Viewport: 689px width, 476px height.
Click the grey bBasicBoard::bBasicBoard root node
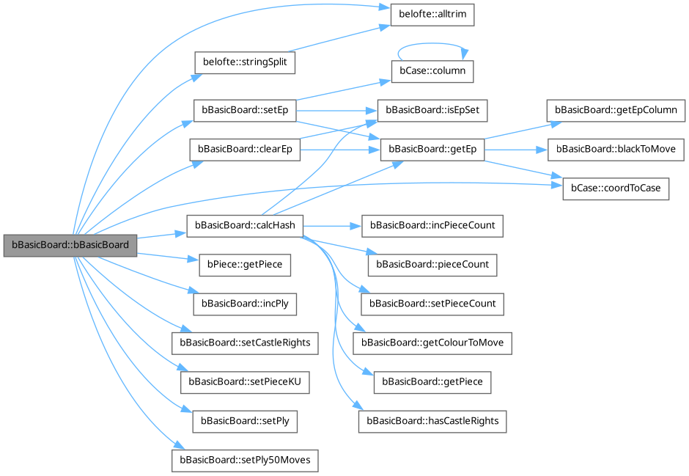point(70,245)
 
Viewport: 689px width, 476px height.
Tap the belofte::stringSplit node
point(244,63)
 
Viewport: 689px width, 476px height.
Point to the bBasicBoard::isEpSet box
point(432,110)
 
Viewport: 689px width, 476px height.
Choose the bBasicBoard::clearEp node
point(245,149)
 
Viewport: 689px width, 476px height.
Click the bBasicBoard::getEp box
point(432,149)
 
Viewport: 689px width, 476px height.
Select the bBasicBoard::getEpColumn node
point(616,110)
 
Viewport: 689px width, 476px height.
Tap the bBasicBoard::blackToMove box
point(616,149)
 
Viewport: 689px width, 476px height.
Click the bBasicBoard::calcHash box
point(245,226)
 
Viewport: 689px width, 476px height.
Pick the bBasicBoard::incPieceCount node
point(432,226)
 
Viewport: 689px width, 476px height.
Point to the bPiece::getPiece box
point(245,264)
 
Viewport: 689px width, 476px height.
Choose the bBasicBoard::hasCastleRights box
point(432,420)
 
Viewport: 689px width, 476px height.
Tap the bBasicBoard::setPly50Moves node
point(245,460)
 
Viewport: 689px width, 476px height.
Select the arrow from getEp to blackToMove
point(517,149)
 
